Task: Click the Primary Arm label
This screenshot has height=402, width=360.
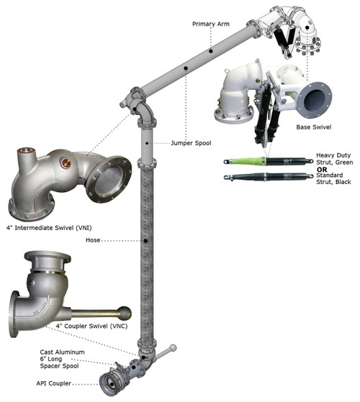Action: pos(212,24)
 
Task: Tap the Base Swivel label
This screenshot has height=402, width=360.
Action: pos(313,127)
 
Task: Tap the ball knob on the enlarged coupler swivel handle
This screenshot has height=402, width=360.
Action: pos(125,314)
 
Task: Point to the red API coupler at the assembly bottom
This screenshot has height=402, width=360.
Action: pos(114,378)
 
